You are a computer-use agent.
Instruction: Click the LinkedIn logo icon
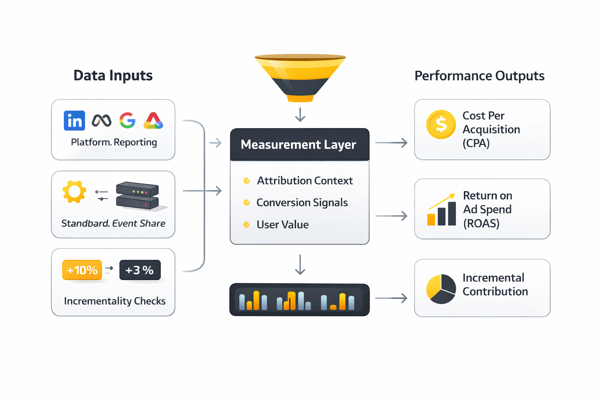click(74, 120)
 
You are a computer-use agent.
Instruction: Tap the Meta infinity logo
click(101, 120)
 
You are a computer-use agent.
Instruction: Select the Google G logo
click(128, 120)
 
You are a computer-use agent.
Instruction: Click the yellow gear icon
click(74, 192)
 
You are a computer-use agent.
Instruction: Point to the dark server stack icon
click(138, 196)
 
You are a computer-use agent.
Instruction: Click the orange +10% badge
click(82, 270)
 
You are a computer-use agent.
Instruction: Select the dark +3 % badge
click(140, 270)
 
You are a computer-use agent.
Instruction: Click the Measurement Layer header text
click(298, 145)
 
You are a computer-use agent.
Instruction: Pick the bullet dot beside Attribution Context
click(247, 180)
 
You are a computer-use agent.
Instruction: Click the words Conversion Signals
click(302, 202)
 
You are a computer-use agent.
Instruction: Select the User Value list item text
click(283, 225)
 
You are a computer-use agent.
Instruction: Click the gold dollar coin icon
click(441, 125)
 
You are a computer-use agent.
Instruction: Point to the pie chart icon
click(441, 289)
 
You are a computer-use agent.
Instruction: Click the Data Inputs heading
click(113, 75)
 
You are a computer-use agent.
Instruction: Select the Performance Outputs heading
click(479, 76)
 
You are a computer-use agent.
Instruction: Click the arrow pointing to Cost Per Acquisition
click(391, 143)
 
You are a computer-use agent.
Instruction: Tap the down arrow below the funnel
click(300, 115)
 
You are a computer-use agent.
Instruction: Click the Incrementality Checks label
click(115, 301)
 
